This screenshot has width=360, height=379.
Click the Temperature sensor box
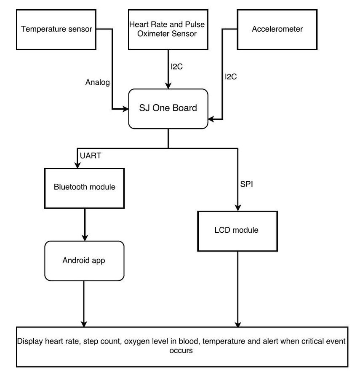pyautogui.click(x=56, y=30)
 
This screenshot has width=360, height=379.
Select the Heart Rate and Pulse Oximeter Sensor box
pyautogui.click(x=168, y=30)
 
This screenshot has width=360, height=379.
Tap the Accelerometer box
pyautogui.click(x=277, y=30)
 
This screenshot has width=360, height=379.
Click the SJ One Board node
pyautogui.click(x=168, y=109)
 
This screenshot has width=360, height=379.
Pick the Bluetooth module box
pyautogui.click(x=84, y=188)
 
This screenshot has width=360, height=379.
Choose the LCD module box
pyautogui.click(x=237, y=231)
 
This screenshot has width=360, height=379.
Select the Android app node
pyautogui.click(x=84, y=261)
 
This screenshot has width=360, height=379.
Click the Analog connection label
pyautogui.click(x=98, y=83)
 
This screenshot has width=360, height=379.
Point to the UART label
pyautogui.click(x=91, y=156)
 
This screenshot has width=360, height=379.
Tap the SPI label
pyautogui.click(x=246, y=184)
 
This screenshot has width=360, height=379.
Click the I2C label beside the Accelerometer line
pyautogui.click(x=231, y=77)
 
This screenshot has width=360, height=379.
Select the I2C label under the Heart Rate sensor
pyautogui.click(x=176, y=67)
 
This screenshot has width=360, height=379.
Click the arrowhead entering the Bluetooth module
pyautogui.click(x=77, y=165)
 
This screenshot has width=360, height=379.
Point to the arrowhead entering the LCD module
pyautogui.click(x=238, y=208)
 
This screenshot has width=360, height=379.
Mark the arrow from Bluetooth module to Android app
pyautogui.click(x=85, y=225)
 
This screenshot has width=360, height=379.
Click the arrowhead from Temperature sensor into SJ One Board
pyautogui.click(x=125, y=109)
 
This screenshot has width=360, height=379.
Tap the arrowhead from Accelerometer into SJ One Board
pyautogui.click(x=211, y=119)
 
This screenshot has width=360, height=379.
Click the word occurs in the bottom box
pyautogui.click(x=181, y=351)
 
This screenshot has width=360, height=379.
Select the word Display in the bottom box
pyautogui.click(x=30, y=341)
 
